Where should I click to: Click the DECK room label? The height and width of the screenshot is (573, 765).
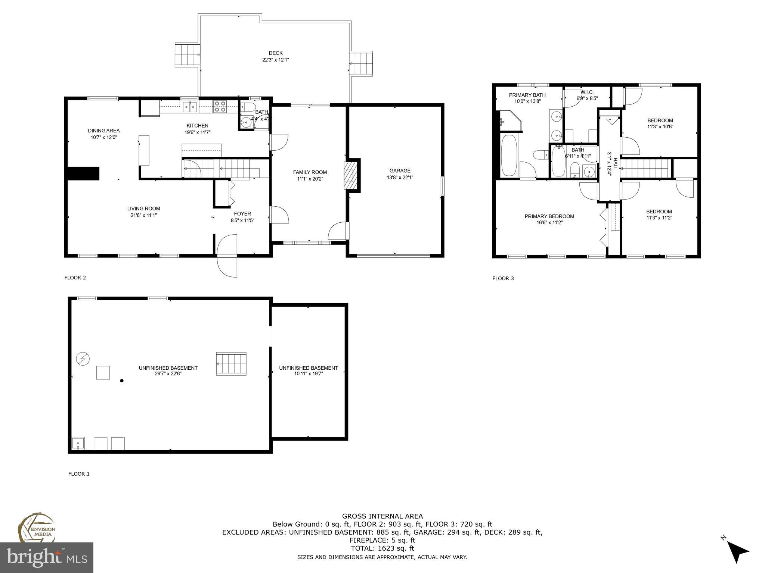tap(276, 53)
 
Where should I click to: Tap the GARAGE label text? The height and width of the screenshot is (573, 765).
tap(400, 171)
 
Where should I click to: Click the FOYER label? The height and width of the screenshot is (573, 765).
tap(242, 214)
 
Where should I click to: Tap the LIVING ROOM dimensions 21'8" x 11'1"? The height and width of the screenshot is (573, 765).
tap(144, 215)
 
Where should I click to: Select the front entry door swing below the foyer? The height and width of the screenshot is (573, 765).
tap(227, 256)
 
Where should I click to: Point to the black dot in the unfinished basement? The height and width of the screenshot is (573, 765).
tap(122, 381)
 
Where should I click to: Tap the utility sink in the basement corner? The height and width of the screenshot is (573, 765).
tap(78, 444)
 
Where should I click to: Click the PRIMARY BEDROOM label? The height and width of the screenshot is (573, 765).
tap(549, 216)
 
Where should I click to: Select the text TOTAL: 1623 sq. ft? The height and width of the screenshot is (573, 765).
tap(382, 548)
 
